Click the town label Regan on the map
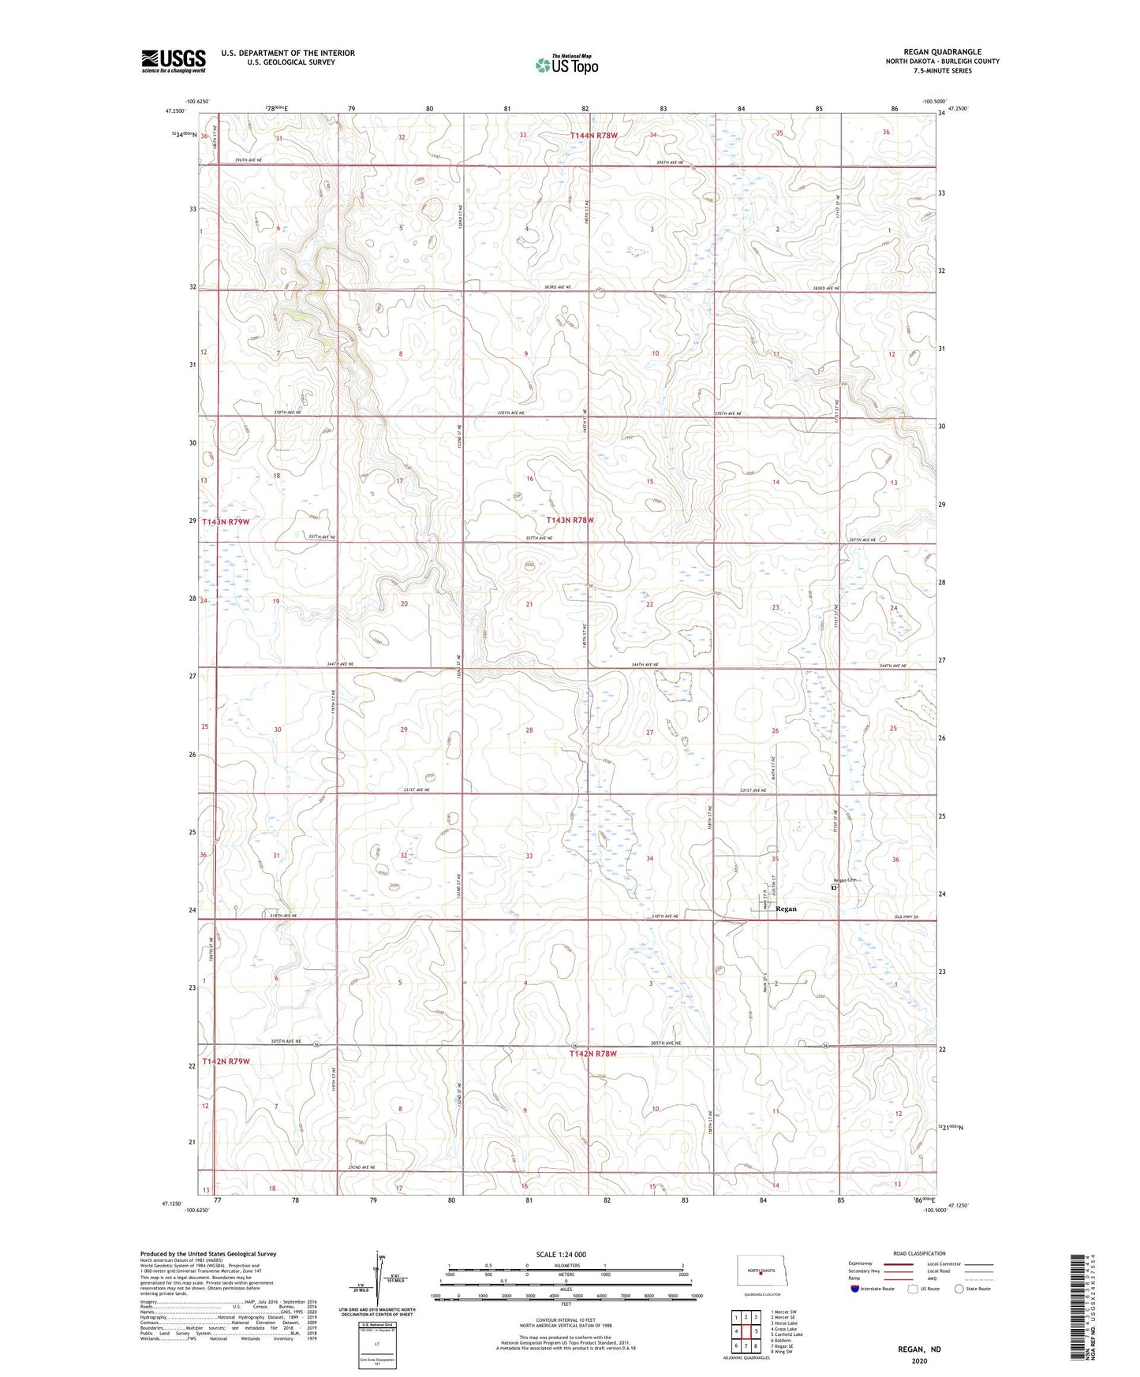(786, 909)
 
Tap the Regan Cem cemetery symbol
(833, 888)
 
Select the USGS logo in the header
(173, 61)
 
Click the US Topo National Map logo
(566, 65)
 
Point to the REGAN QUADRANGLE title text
(942, 52)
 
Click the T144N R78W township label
(592, 136)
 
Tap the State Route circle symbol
(959, 1289)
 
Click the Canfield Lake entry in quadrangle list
(787, 1334)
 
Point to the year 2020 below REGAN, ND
(918, 1360)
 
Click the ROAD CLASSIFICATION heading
(919, 1253)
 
